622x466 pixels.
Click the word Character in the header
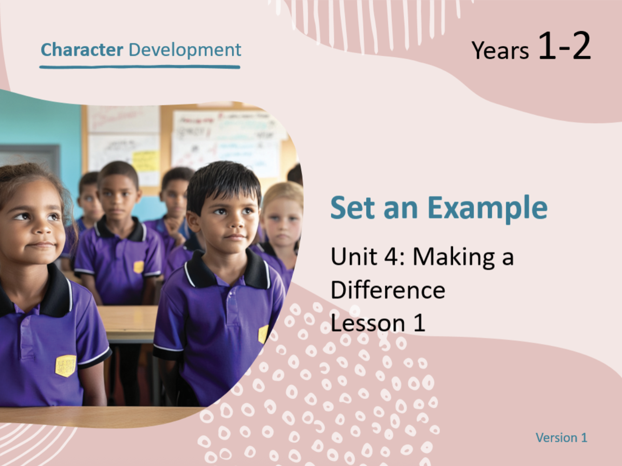click(x=82, y=50)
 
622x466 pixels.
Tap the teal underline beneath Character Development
click(x=140, y=67)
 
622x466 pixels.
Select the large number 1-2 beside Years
click(x=564, y=46)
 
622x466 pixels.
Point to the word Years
click(x=500, y=50)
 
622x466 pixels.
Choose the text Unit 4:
click(x=368, y=256)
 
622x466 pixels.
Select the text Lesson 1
click(x=378, y=323)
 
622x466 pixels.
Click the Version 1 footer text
click(x=562, y=438)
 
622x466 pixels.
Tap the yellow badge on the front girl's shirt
click(x=66, y=366)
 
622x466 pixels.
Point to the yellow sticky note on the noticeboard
click(x=146, y=161)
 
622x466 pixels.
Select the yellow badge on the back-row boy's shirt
click(x=139, y=267)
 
